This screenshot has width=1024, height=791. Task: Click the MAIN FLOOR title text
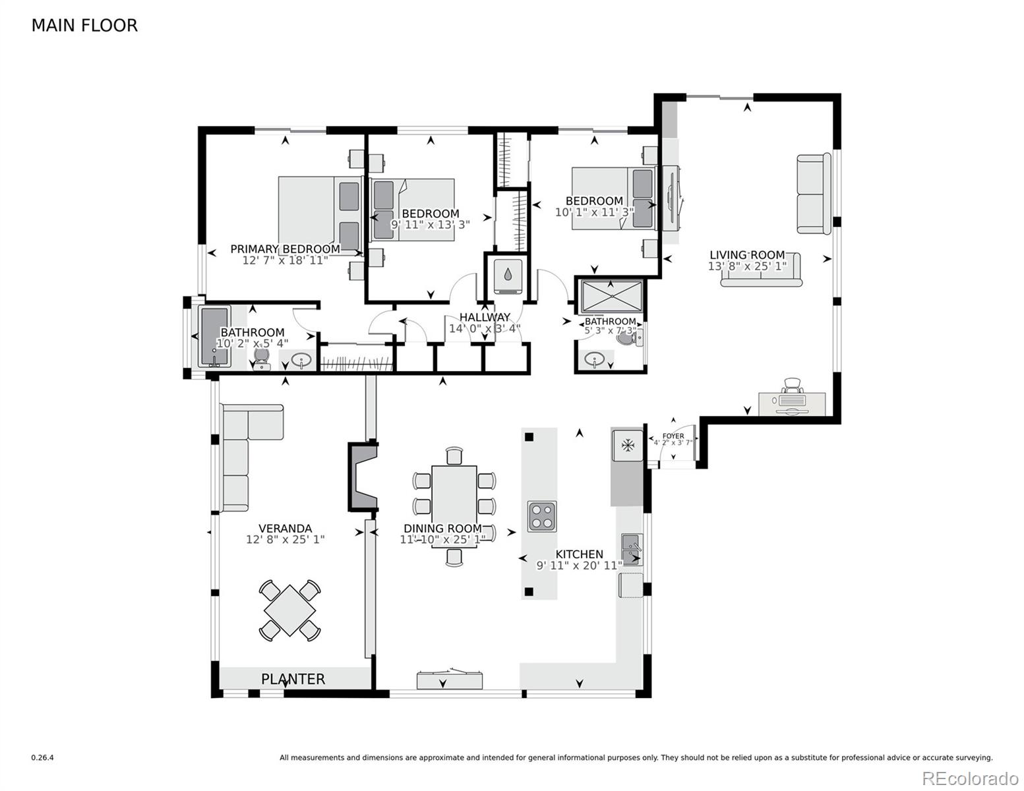[x=84, y=25]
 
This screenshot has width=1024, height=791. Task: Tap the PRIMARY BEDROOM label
[x=285, y=249]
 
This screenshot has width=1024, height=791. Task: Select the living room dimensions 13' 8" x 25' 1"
[x=747, y=266]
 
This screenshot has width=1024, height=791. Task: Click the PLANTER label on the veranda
[x=293, y=679]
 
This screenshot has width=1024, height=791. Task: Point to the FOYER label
[x=673, y=436]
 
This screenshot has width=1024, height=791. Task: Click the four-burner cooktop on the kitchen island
[x=541, y=516]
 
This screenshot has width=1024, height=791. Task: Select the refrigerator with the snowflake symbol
[x=628, y=446]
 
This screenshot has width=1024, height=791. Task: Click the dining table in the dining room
[x=454, y=506]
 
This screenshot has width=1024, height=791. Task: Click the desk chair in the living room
[x=792, y=386]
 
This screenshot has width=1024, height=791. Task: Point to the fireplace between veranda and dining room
[x=361, y=475]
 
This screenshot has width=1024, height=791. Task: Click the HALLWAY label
[x=485, y=317]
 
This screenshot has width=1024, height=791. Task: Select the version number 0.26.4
[x=42, y=758]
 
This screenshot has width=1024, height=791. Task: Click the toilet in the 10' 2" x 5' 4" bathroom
[x=261, y=358]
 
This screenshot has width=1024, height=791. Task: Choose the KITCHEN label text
[x=578, y=554]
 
